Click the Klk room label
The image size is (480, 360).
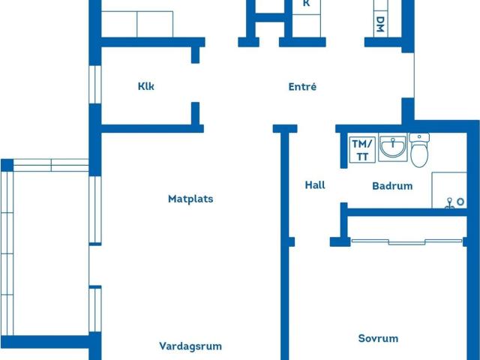click(146, 86)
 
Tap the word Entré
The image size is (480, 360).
click(302, 87)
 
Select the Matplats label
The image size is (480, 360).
click(190, 199)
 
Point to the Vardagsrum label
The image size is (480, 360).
click(190, 346)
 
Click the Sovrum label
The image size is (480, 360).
click(378, 338)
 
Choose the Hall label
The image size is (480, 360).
click(315, 184)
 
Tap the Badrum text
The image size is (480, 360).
click(392, 186)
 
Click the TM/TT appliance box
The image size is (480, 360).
click(361, 150)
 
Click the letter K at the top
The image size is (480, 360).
click(306, 4)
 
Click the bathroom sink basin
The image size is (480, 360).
click(391, 149)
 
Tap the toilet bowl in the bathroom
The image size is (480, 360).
click(419, 154)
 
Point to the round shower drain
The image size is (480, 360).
click(448, 201)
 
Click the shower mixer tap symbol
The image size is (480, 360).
click(457, 202)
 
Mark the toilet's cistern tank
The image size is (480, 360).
click(419, 137)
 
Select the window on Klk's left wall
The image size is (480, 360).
click(94, 84)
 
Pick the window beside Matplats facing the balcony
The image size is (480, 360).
click(94, 209)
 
